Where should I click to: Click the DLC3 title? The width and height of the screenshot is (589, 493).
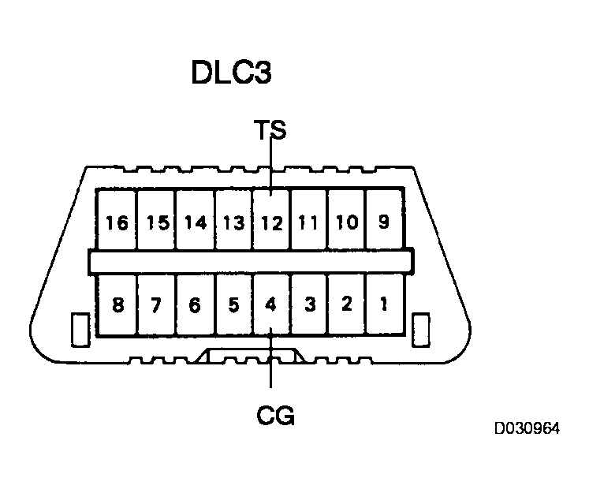(232, 73)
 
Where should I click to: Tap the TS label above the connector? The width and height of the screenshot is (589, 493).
(270, 129)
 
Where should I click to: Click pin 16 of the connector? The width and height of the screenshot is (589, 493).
(117, 222)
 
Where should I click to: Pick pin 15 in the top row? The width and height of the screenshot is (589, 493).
(158, 222)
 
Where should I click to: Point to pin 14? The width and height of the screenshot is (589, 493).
(195, 222)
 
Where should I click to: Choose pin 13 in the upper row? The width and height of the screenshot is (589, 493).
(233, 222)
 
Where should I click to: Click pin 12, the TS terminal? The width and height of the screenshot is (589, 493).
(271, 222)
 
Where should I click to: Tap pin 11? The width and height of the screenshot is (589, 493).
(309, 222)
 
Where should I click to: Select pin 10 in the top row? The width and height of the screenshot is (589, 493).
(346, 222)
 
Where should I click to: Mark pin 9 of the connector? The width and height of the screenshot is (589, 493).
(384, 222)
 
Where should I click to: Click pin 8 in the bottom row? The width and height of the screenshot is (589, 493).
(117, 304)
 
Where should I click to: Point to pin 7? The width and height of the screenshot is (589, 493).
(157, 304)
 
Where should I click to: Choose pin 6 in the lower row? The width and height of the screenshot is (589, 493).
(195, 304)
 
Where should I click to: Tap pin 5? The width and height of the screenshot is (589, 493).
(233, 304)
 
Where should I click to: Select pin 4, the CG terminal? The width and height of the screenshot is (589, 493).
(271, 304)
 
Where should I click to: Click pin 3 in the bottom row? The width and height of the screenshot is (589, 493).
(309, 304)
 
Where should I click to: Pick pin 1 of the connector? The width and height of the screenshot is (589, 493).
(384, 304)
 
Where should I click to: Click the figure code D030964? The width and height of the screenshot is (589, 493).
(527, 429)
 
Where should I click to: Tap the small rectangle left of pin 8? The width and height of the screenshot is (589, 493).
(79, 329)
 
